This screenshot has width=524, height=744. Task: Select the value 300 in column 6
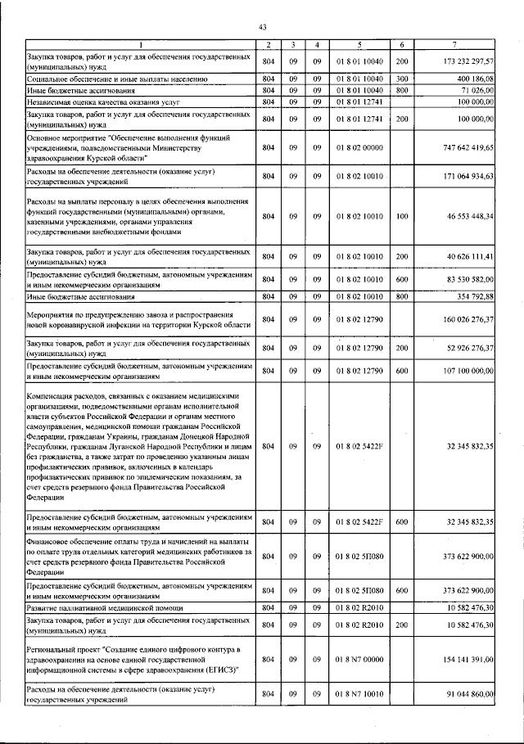click(x=402, y=79)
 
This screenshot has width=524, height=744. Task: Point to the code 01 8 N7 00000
click(x=358, y=657)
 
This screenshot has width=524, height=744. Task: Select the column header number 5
click(x=358, y=43)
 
